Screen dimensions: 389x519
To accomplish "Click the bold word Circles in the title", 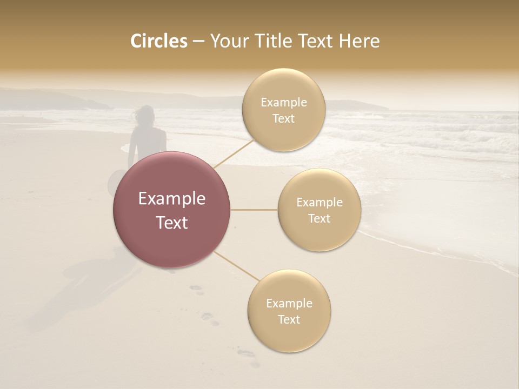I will tap(158, 41).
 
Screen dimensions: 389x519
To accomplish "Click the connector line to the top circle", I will tap(234, 152).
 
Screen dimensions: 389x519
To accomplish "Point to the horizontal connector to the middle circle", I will tap(254, 210).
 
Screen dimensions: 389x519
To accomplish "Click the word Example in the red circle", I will tap(172, 199).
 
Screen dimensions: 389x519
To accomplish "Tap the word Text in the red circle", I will tap(172, 223).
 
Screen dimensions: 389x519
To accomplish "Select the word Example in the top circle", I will tap(284, 103).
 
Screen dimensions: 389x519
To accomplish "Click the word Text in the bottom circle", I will tap(289, 319).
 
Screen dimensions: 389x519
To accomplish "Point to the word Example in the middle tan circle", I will tap(320, 203).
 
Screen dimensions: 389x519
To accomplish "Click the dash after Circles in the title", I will tap(198, 42).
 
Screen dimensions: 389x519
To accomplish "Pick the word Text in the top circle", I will tap(284, 119).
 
